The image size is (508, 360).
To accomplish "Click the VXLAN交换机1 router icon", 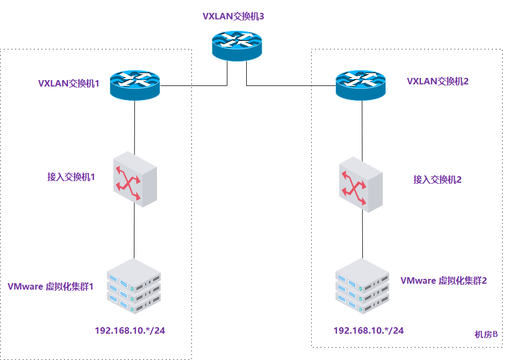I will [x=135, y=84].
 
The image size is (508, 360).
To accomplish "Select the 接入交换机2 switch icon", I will [x=361, y=184].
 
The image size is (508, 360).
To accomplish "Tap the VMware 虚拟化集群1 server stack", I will [x=134, y=286].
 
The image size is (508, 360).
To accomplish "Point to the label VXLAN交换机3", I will [x=233, y=16].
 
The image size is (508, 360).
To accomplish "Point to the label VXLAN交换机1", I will [x=69, y=84].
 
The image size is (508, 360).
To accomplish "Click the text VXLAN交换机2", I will [x=438, y=81].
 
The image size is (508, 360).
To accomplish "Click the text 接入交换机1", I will [x=71, y=177].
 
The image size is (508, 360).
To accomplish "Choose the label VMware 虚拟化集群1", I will [x=51, y=286].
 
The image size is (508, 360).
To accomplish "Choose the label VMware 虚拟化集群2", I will [x=443, y=280].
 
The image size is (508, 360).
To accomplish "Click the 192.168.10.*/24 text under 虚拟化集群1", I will [x=130, y=330].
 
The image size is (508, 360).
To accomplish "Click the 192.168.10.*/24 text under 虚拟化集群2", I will [x=368, y=330].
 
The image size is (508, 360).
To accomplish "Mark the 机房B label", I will [x=486, y=334].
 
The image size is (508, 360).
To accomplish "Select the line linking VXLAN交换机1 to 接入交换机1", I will [x=135, y=126].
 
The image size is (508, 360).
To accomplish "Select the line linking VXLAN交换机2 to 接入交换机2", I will [x=361, y=129].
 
